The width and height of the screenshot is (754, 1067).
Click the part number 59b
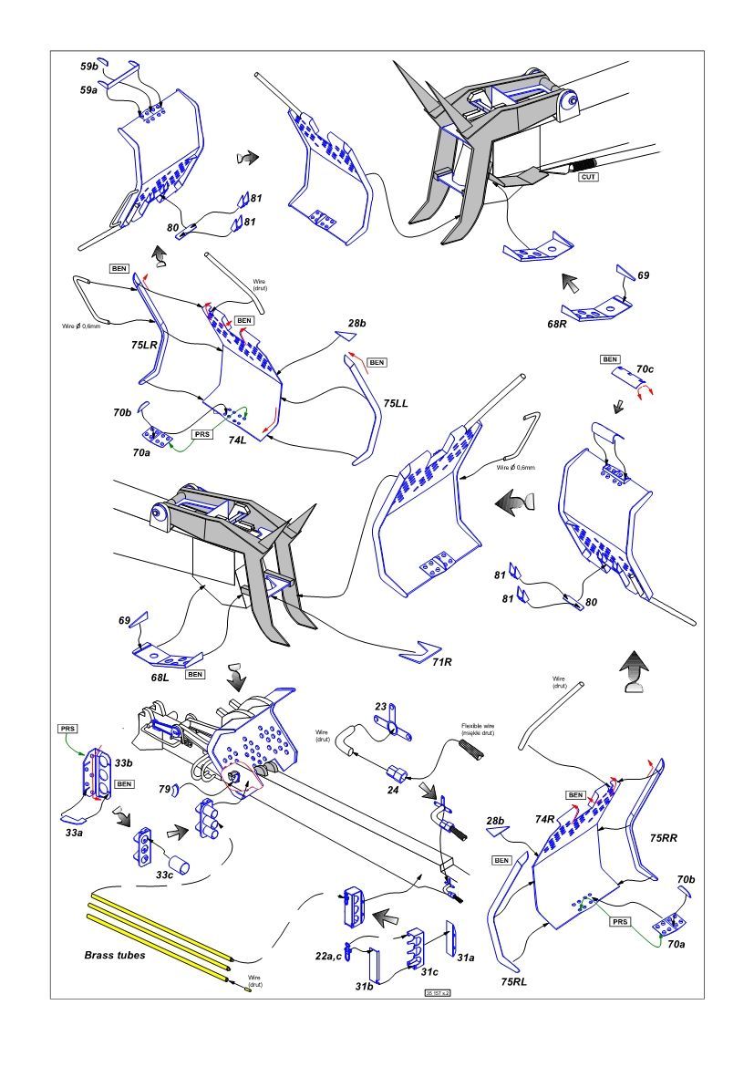coord(88,66)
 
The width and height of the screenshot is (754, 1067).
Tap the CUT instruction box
coord(589,176)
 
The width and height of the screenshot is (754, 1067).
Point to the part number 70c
coord(645,369)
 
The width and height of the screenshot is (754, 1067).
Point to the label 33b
coord(123,762)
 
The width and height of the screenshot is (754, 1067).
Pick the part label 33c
coord(165,875)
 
